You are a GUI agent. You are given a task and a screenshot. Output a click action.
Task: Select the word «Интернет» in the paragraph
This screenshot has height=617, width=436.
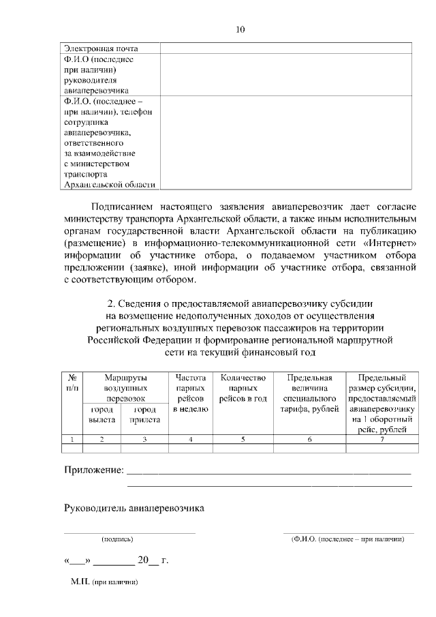[387, 243]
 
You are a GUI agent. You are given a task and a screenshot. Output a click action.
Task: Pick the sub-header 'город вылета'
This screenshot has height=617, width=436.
[102, 415]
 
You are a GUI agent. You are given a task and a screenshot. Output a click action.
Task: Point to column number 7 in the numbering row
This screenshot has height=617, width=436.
[381, 439]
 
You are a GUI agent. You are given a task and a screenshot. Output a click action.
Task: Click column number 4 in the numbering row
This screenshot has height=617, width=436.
[191, 439]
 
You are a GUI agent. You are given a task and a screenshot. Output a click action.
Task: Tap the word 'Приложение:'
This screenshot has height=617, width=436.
[94, 470]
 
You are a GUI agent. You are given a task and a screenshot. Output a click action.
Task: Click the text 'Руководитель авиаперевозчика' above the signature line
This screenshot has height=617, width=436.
[134, 508]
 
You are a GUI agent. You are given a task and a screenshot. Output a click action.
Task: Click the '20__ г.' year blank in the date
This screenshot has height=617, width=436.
[153, 561]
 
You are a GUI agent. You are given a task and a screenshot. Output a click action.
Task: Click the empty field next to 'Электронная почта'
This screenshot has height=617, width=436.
[285, 48]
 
